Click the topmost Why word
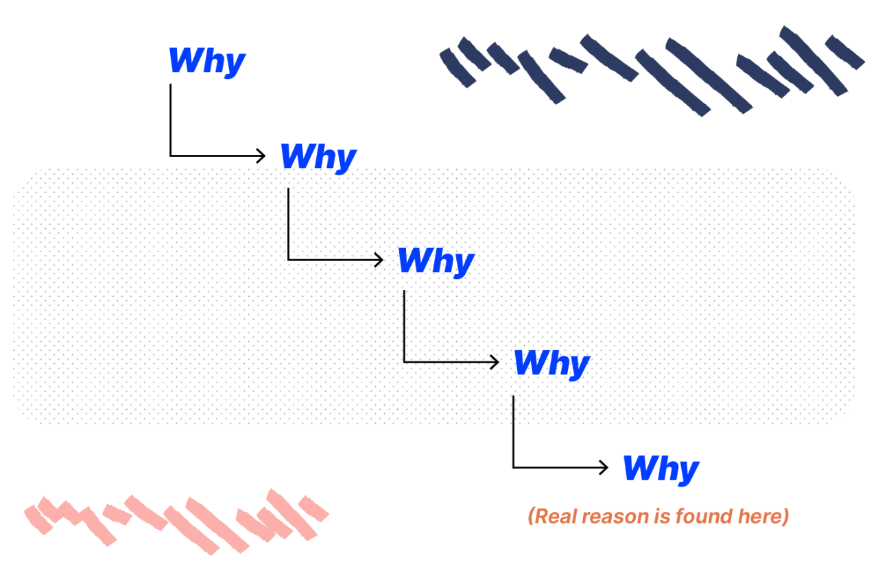pyautogui.click(x=206, y=62)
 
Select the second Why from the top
pyautogui.click(x=318, y=158)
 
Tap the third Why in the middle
pyautogui.click(x=436, y=261)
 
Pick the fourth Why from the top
pyautogui.click(x=551, y=363)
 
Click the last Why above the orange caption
pyautogui.click(x=661, y=469)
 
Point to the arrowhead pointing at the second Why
pyautogui.click(x=261, y=156)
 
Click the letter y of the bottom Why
pyautogui.click(x=687, y=472)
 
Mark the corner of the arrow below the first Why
pyautogui.click(x=170, y=156)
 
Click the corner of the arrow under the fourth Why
pyautogui.click(x=513, y=467)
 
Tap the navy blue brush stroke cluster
pyautogui.click(x=652, y=69)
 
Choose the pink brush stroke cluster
pyautogui.click(x=175, y=521)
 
